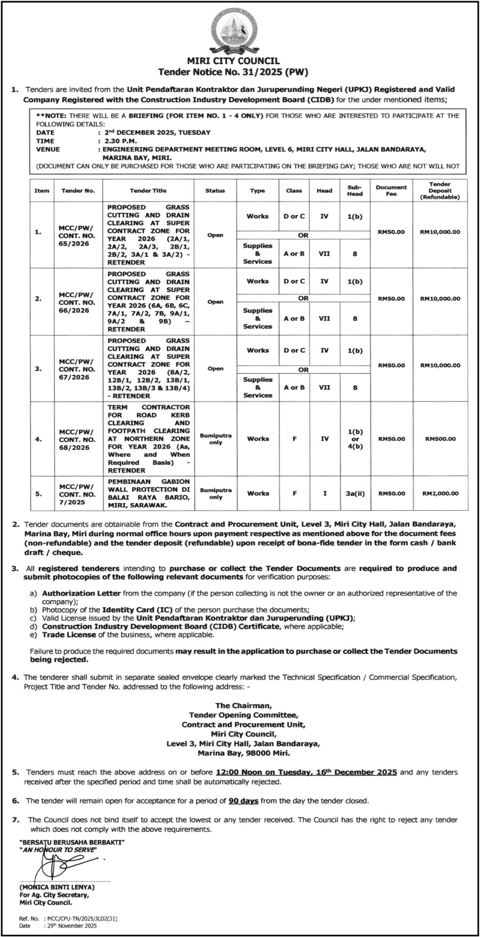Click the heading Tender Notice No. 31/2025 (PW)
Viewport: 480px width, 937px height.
point(239,72)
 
